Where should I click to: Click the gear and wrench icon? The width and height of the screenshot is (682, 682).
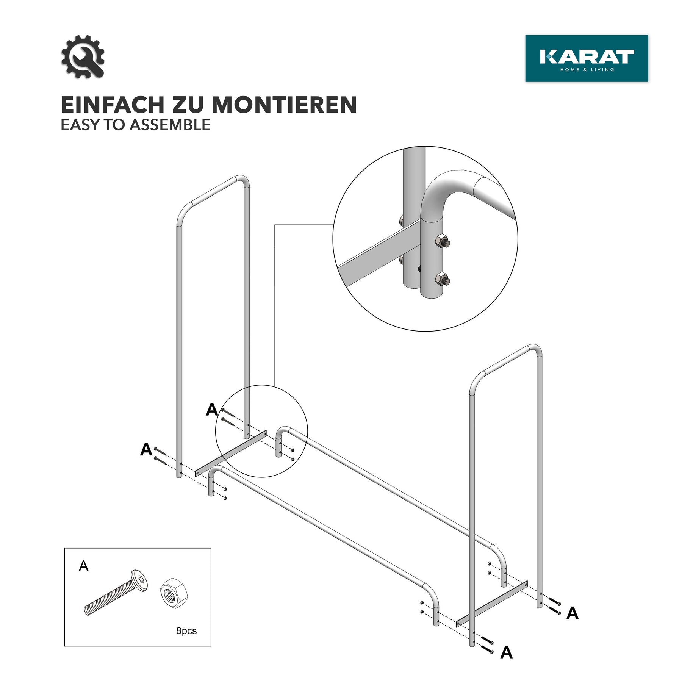click(x=83, y=57)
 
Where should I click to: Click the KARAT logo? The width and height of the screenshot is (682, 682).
click(x=587, y=58)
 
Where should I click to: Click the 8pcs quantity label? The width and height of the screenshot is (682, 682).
click(x=186, y=631)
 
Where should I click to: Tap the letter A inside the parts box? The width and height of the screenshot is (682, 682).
click(x=83, y=566)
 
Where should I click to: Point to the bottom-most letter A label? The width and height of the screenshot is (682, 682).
click(x=506, y=652)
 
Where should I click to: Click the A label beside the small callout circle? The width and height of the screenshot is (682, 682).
click(x=212, y=410)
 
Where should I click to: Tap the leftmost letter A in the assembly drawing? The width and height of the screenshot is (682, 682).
click(x=146, y=449)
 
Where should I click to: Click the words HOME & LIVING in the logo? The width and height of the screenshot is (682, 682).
click(x=587, y=70)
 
